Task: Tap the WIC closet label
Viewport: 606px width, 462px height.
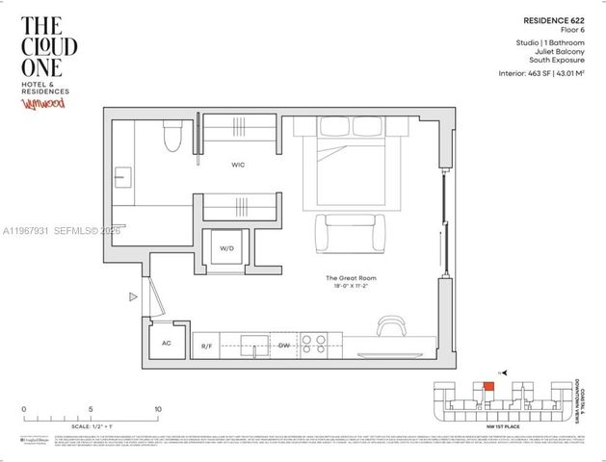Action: click(x=238, y=166)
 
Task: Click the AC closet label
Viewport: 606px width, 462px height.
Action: click(x=166, y=343)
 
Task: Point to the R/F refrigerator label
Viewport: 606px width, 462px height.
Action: click(x=206, y=345)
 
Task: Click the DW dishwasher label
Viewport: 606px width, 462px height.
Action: click(x=284, y=345)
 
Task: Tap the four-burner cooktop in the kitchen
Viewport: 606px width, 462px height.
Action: click(x=313, y=343)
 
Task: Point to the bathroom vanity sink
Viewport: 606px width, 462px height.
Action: click(x=120, y=177)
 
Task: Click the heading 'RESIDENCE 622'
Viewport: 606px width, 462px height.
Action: click(x=550, y=19)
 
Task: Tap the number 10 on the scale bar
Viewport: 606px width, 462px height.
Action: click(x=157, y=408)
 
